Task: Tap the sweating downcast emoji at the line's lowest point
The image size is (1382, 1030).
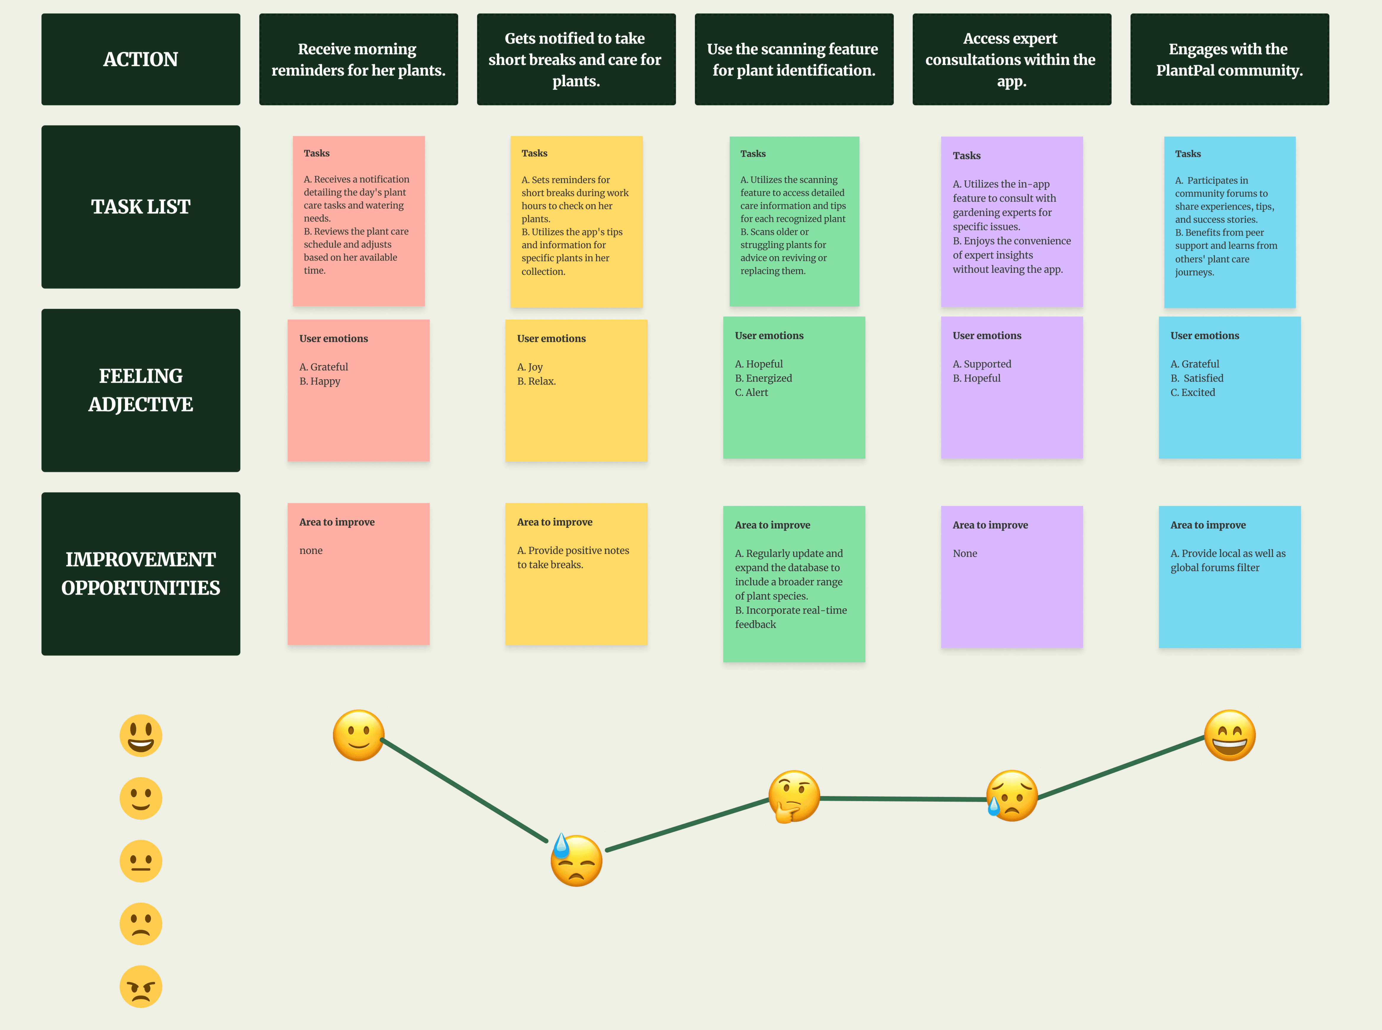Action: [x=576, y=860]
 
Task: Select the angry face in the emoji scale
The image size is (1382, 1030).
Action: [x=141, y=986]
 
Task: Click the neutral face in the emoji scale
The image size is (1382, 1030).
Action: [x=141, y=861]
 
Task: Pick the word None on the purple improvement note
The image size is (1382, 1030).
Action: [x=965, y=553]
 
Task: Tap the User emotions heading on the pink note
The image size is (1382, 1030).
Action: [x=334, y=339]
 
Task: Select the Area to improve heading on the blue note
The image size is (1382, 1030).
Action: [x=1208, y=525]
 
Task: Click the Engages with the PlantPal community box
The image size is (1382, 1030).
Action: [x=1229, y=59]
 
